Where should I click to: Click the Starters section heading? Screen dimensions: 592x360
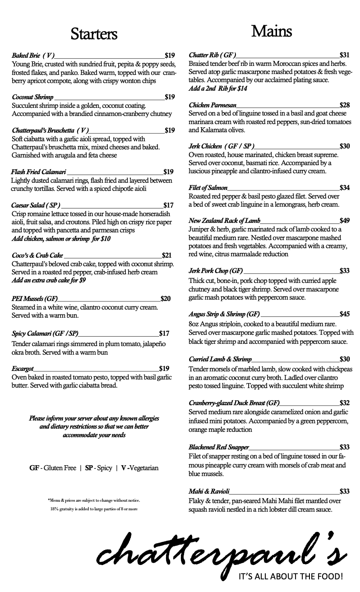[x=94, y=34]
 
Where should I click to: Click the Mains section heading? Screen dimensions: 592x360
[x=271, y=31]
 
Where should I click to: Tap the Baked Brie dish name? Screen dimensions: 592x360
[x=33, y=55]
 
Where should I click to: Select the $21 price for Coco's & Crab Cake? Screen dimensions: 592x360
[x=166, y=255]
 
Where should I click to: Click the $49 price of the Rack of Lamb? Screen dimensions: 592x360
[x=344, y=221]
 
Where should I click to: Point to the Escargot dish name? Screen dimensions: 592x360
[x=23, y=369]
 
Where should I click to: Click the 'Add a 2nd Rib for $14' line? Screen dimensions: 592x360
[x=218, y=88]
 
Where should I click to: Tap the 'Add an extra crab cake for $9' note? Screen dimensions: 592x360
[x=49, y=280]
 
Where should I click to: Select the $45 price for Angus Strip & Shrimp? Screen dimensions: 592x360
[x=344, y=314]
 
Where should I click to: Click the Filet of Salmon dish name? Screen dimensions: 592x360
[x=208, y=188]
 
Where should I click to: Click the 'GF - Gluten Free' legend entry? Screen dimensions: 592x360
[x=53, y=468]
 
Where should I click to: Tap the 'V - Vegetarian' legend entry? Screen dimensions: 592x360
[x=139, y=468]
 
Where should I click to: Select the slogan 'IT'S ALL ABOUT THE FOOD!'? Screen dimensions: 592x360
[x=291, y=576]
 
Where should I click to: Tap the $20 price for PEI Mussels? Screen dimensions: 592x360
[x=165, y=299]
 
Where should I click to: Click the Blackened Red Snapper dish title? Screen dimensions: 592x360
[x=219, y=447]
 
